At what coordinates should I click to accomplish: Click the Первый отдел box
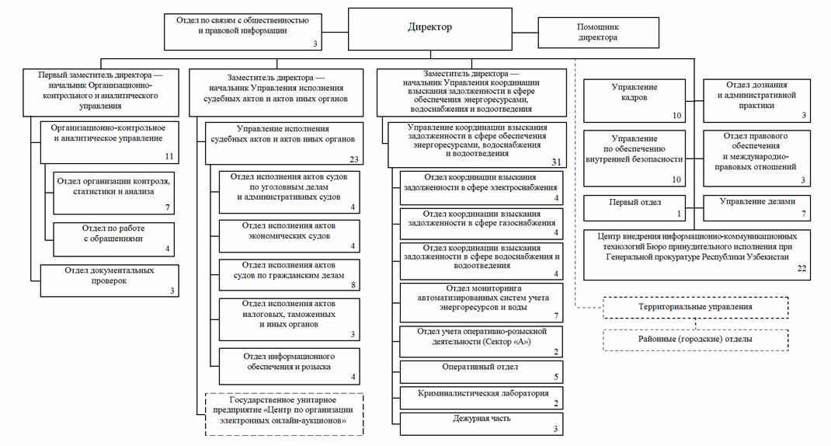pos(635,207)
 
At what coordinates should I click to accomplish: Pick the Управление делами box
pos(757,207)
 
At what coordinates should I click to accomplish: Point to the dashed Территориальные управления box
pos(696,307)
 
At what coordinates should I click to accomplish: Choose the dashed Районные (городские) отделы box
pos(696,340)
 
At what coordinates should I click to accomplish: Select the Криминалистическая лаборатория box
pos(480,398)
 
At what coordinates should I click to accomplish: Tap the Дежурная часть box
pos(480,423)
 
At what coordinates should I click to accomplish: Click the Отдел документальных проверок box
pos(110,280)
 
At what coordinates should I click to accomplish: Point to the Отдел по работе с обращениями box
pos(114,239)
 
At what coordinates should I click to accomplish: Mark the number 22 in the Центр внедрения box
pos(802,268)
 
